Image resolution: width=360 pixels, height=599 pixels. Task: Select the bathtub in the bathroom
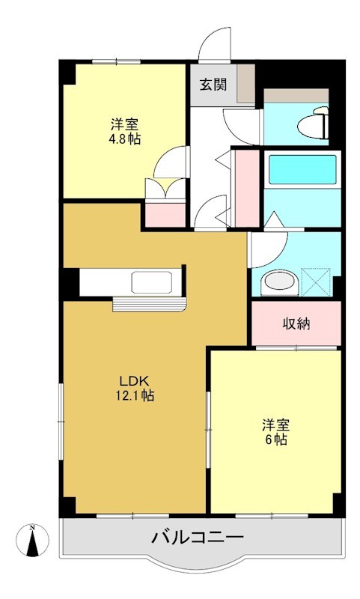(302, 169)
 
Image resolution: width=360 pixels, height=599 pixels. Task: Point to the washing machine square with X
(316, 282)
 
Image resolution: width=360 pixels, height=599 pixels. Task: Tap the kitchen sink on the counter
(152, 283)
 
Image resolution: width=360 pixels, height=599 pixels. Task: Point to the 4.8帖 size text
(124, 139)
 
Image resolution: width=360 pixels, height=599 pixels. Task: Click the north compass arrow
(32, 541)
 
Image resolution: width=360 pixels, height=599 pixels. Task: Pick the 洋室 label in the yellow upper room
(124, 124)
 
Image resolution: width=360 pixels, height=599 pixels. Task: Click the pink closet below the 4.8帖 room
(164, 213)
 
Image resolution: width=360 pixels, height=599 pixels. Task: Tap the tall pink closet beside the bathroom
(245, 187)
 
